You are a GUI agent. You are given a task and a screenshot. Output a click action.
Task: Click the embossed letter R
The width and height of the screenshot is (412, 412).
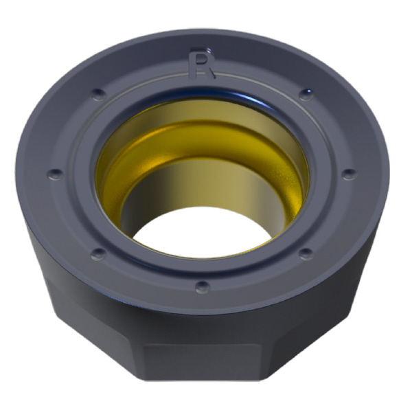[x=202, y=62]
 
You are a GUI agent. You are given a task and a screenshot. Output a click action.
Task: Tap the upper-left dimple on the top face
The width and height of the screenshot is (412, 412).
[x=99, y=94]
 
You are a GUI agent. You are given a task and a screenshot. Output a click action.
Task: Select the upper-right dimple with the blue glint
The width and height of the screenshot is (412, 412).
[x=306, y=94]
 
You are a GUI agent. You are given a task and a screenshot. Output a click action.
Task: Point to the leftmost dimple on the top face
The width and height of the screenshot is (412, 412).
[x=56, y=174]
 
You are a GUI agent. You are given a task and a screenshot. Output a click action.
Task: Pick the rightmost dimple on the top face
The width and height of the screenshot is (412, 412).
[x=350, y=174]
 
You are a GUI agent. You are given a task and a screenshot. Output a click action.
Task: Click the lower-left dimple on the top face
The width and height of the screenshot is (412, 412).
[x=98, y=254]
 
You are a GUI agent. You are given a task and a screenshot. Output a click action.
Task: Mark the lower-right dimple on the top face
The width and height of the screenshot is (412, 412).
[x=306, y=254]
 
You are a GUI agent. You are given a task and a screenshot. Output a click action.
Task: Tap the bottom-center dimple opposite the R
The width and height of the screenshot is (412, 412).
[x=203, y=287]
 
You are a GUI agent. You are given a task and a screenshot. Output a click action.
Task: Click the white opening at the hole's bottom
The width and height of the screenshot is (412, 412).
[x=203, y=233]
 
